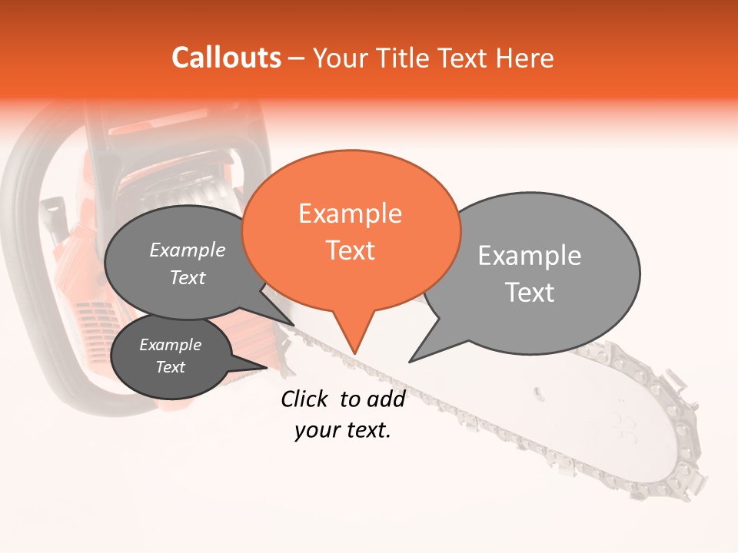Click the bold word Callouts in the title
(226, 58)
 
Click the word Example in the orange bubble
(351, 213)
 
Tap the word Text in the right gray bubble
(530, 293)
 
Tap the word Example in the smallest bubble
(170, 345)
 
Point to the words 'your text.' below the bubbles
(342, 430)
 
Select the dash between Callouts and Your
(297, 58)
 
